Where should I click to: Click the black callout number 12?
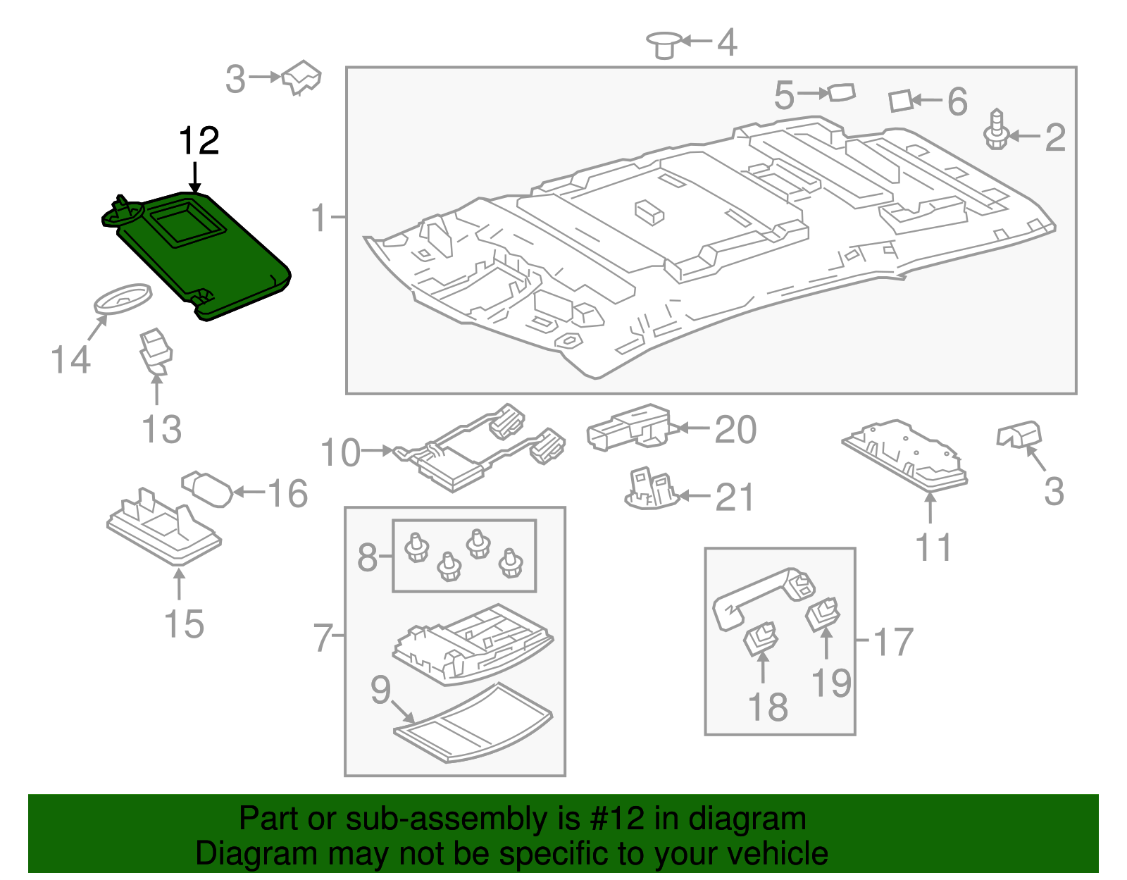point(199,141)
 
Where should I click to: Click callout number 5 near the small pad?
point(784,95)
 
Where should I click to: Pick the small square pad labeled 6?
point(900,101)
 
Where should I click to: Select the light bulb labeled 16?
point(207,488)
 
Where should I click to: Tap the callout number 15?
point(184,624)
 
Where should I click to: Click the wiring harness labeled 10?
point(479,447)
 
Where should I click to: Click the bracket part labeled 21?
point(651,488)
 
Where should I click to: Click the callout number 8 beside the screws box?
point(367,557)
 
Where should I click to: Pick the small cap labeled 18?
point(760,638)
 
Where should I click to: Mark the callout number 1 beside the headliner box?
point(319,218)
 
